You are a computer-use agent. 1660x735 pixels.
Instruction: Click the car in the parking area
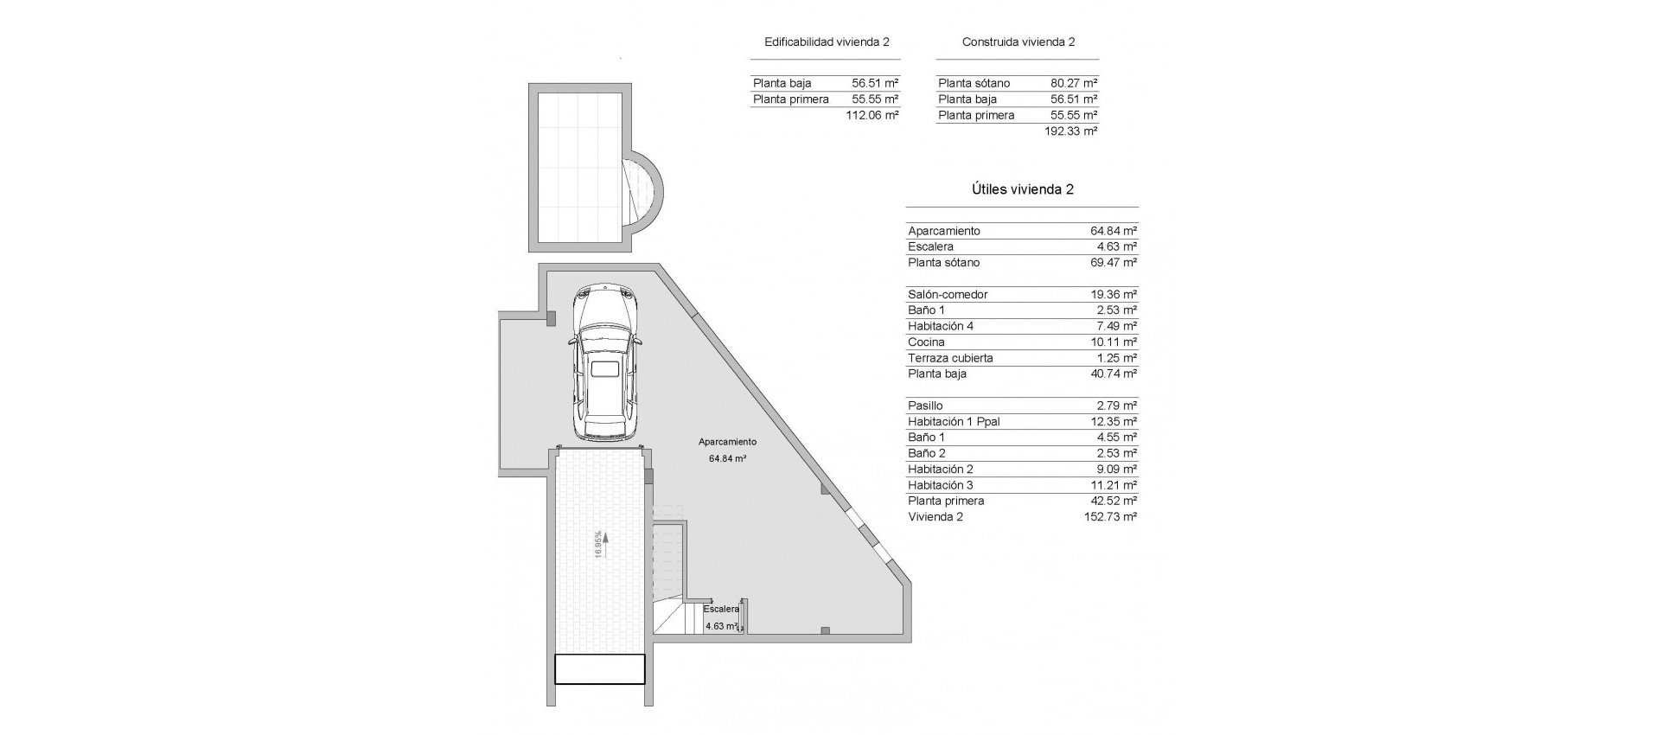605,366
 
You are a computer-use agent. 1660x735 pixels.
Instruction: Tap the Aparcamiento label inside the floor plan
727,442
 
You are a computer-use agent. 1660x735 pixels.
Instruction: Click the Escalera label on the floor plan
721,609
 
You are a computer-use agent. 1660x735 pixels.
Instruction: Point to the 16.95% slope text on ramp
599,545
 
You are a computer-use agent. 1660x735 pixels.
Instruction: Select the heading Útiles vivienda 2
1021,189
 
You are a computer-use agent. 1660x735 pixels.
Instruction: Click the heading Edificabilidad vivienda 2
827,42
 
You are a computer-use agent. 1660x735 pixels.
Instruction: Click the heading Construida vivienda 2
1018,42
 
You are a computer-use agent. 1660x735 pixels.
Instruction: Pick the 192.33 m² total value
1070,131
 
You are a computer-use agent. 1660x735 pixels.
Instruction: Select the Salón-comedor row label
948,295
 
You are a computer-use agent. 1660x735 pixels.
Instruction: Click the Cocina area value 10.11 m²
1114,342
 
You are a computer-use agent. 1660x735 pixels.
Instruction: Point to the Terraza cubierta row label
950,358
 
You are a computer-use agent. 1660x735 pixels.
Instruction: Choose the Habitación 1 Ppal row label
954,422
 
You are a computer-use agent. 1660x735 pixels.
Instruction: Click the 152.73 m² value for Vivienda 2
1110,517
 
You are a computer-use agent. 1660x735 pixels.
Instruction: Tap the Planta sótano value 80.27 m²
1074,84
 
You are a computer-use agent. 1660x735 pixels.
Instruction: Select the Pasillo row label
925,406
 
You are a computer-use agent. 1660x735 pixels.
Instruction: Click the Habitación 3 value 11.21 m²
1114,485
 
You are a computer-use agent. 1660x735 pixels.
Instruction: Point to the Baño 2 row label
926,453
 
